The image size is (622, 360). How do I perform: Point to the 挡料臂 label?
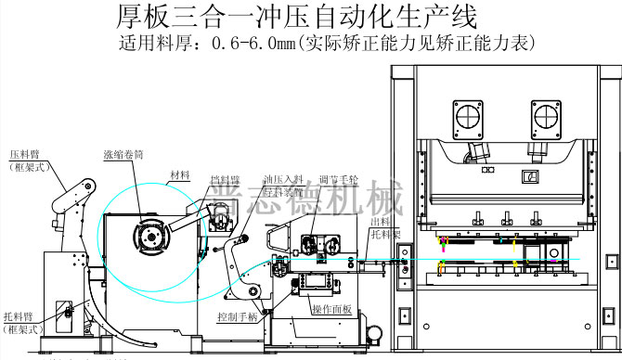(x=223, y=178)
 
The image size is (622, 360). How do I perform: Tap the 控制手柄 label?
(x=236, y=317)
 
